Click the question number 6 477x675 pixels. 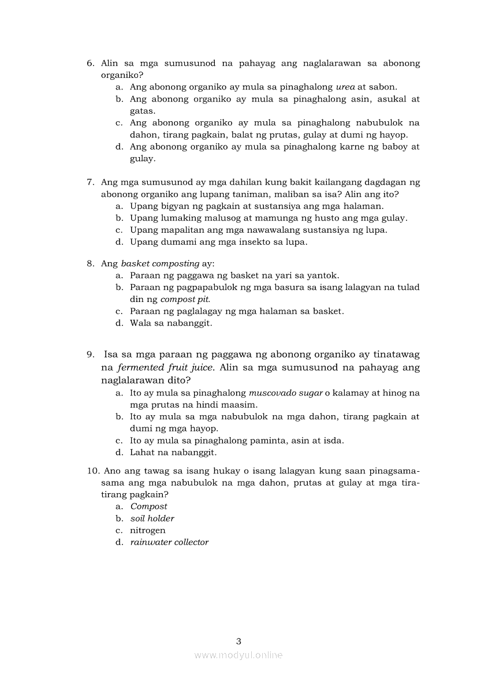click(90, 63)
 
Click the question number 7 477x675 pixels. click(90, 182)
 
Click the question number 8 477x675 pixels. click(90, 264)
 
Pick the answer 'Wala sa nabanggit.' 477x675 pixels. click(171, 323)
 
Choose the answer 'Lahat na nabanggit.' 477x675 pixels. click(173, 453)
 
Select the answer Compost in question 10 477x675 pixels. click(148, 506)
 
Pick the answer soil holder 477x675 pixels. click(152, 519)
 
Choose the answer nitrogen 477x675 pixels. click(147, 530)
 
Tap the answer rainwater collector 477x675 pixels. click(169, 542)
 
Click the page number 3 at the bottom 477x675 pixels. click(238, 641)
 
